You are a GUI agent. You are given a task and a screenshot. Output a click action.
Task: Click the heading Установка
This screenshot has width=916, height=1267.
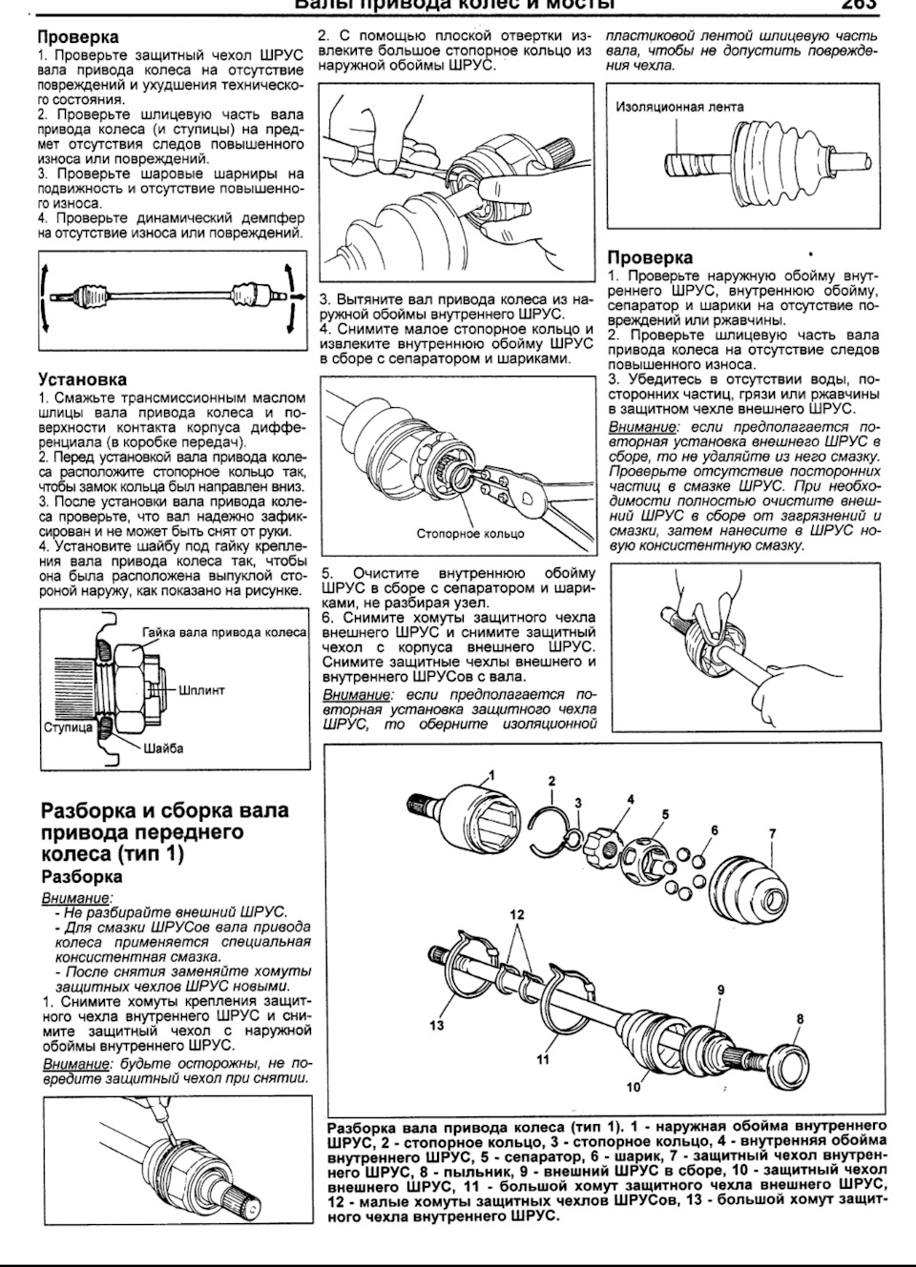coord(82,379)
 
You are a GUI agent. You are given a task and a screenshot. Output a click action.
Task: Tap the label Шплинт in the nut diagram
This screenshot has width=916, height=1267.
coord(201,690)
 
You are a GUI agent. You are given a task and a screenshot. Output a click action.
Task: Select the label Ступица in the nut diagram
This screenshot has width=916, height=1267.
coord(69,727)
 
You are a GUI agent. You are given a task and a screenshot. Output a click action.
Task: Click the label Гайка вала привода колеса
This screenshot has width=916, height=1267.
coord(223,632)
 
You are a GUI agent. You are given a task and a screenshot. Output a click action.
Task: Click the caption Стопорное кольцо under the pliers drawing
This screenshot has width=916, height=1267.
coord(471,534)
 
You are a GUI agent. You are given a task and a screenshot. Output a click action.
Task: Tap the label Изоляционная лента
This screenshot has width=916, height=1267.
coord(679,107)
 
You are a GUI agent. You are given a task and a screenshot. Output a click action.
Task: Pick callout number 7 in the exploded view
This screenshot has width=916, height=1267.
coord(773,834)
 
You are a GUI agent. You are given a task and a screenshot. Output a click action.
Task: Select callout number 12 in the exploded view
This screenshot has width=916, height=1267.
coord(516,914)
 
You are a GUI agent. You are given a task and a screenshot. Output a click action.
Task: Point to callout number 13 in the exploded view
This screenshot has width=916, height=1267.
coord(437,1026)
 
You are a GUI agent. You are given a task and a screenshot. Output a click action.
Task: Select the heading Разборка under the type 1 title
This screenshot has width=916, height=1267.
coord(82,876)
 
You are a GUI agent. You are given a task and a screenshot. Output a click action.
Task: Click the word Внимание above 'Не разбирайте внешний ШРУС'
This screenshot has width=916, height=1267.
coord(76,898)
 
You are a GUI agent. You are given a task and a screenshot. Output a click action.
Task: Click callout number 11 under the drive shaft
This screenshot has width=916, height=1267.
coord(542,1058)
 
